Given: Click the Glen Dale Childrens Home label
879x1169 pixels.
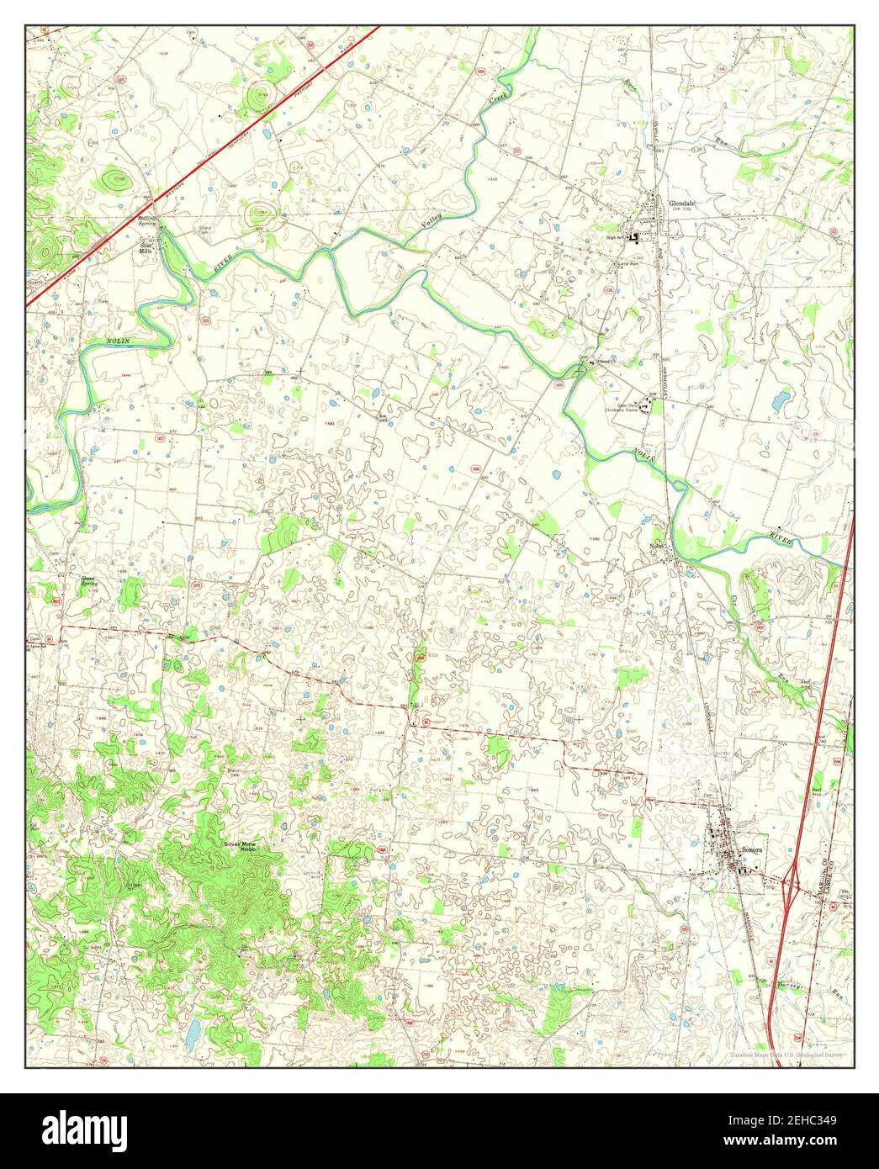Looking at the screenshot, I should point(627,406).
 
